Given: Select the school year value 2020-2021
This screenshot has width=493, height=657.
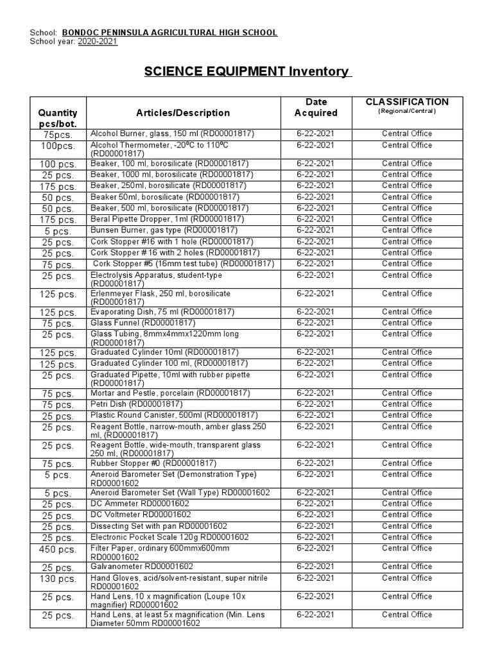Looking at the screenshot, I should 98,42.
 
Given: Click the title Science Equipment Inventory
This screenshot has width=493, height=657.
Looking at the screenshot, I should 248,71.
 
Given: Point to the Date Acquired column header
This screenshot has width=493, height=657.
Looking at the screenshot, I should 315,107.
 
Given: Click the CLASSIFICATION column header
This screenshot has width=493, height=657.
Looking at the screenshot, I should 407,102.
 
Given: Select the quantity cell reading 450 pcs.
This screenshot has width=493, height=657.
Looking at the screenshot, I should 58,550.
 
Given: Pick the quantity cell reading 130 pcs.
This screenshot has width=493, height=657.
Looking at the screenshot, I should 58,579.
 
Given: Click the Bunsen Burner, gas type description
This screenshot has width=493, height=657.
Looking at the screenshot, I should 164,230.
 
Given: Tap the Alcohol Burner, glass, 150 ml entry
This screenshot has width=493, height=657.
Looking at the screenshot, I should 172,133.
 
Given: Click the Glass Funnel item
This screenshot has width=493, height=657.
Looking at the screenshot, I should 143,323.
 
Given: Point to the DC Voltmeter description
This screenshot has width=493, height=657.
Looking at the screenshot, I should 141,515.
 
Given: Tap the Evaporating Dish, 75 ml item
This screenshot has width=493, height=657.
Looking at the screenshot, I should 162,312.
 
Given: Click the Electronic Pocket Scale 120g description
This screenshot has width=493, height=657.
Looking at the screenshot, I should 169,537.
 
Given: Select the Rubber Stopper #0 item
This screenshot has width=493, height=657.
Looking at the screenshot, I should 153,463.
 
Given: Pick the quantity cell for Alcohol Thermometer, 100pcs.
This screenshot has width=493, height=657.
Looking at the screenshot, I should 58,146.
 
